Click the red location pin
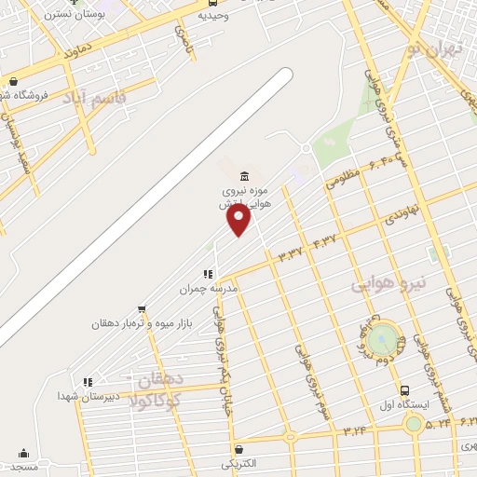(x=239, y=219)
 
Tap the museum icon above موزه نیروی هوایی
(x=244, y=177)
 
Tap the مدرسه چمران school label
(x=209, y=289)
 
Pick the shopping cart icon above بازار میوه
(x=142, y=308)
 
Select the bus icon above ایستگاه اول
(x=404, y=390)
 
